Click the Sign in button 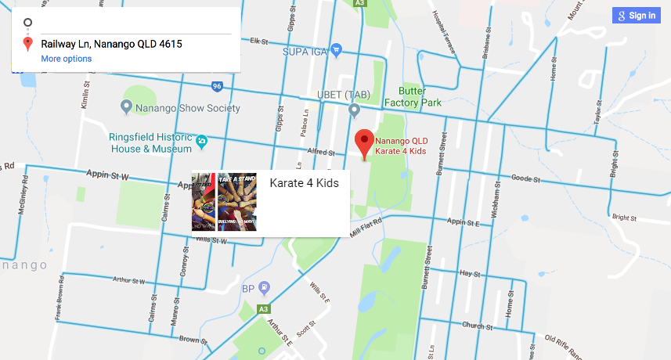coord(635,16)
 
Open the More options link coord(67,59)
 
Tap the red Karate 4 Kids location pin coord(364,143)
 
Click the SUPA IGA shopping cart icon coord(337,50)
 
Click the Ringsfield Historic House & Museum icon coord(202,140)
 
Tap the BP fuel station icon coord(265,287)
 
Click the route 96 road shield coord(217,86)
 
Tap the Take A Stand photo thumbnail coord(237,202)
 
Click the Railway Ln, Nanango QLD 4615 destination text coord(111,44)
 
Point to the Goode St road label coord(526,179)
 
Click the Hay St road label coord(470,274)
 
